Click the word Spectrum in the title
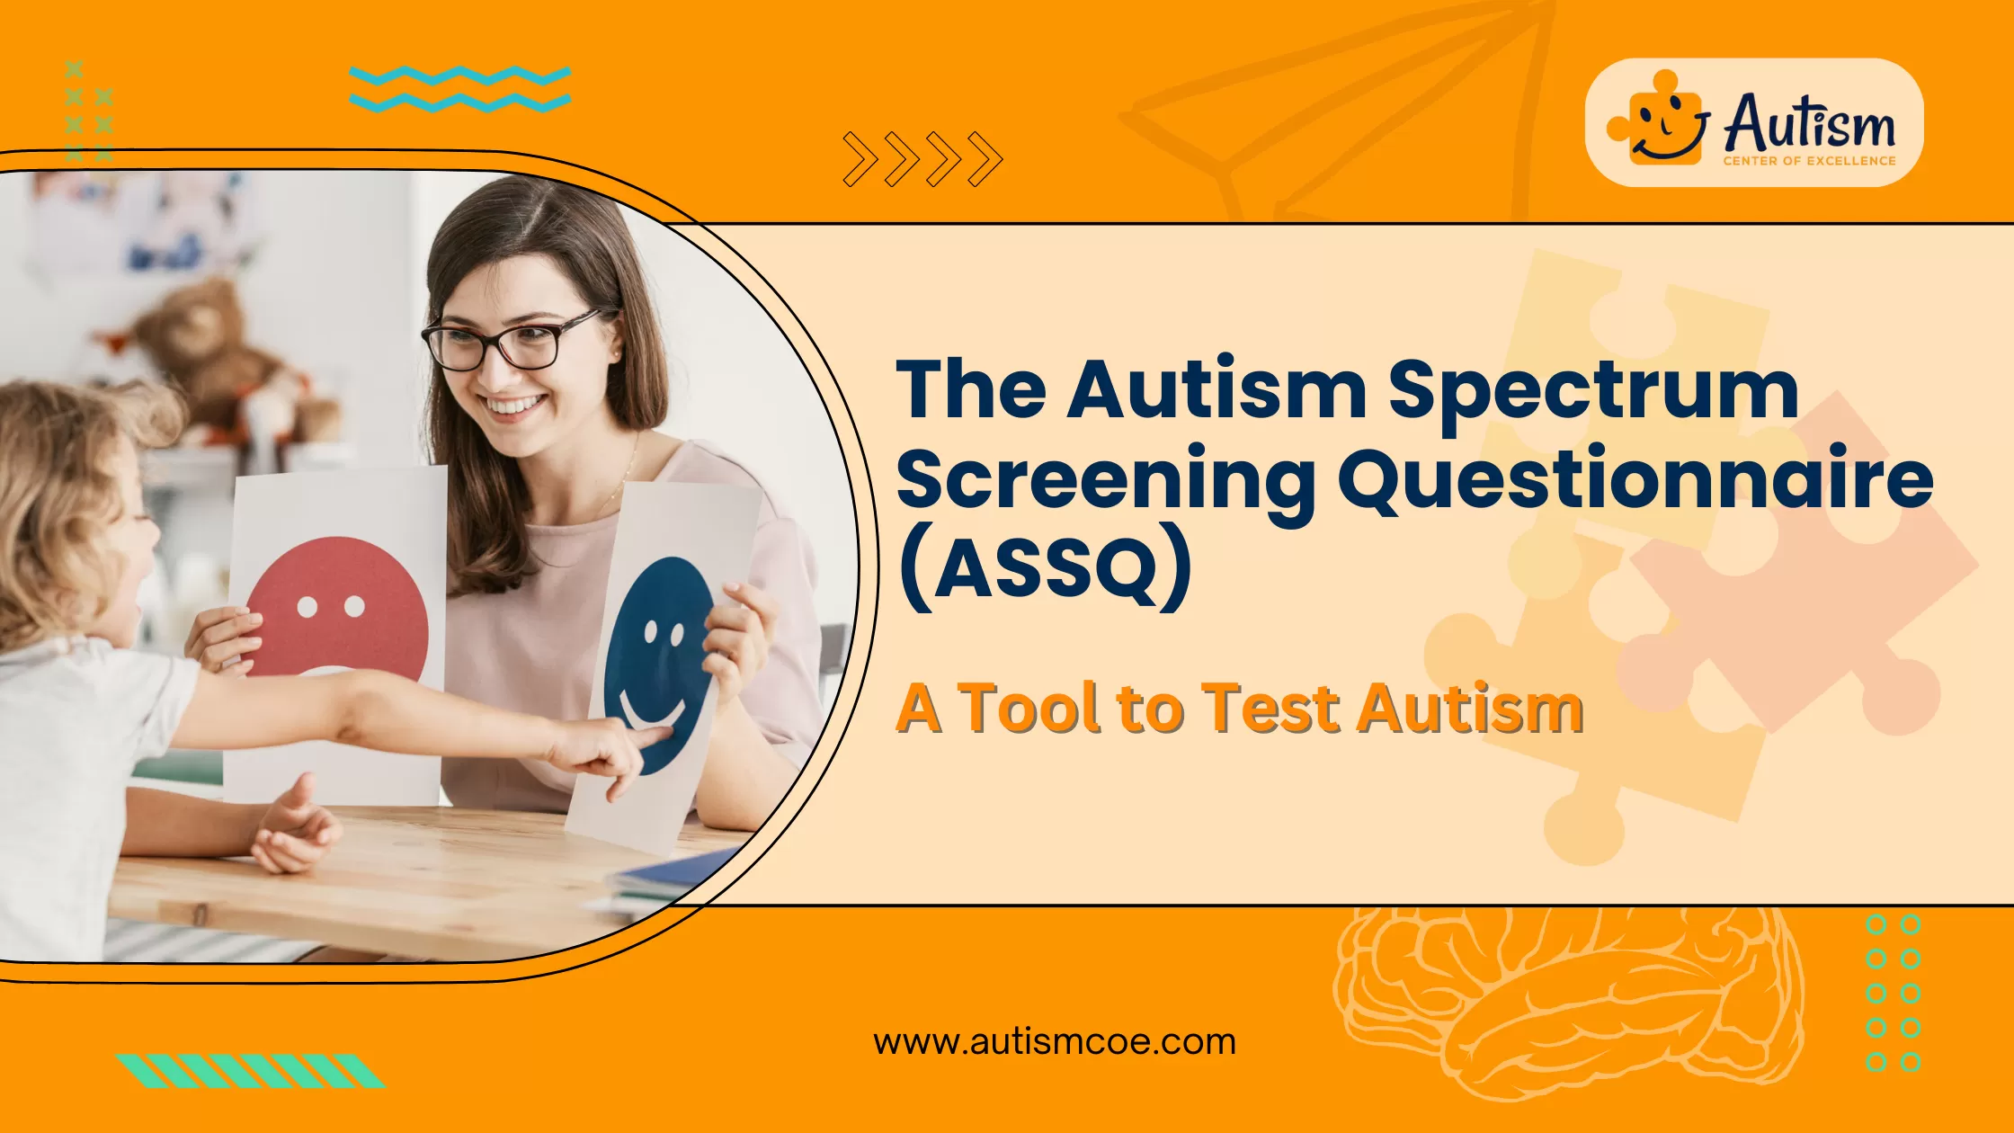[x=1592, y=391]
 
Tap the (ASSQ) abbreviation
[x=1046, y=566]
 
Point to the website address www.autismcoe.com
[x=1055, y=1042]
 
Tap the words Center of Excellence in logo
[x=1808, y=161]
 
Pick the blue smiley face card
[x=661, y=661]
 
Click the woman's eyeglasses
[x=508, y=342]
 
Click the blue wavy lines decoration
[x=459, y=89]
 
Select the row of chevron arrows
[x=922, y=159]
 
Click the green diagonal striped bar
[x=251, y=1071]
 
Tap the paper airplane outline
[x=1331, y=108]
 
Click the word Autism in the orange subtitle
[x=1470, y=709]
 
